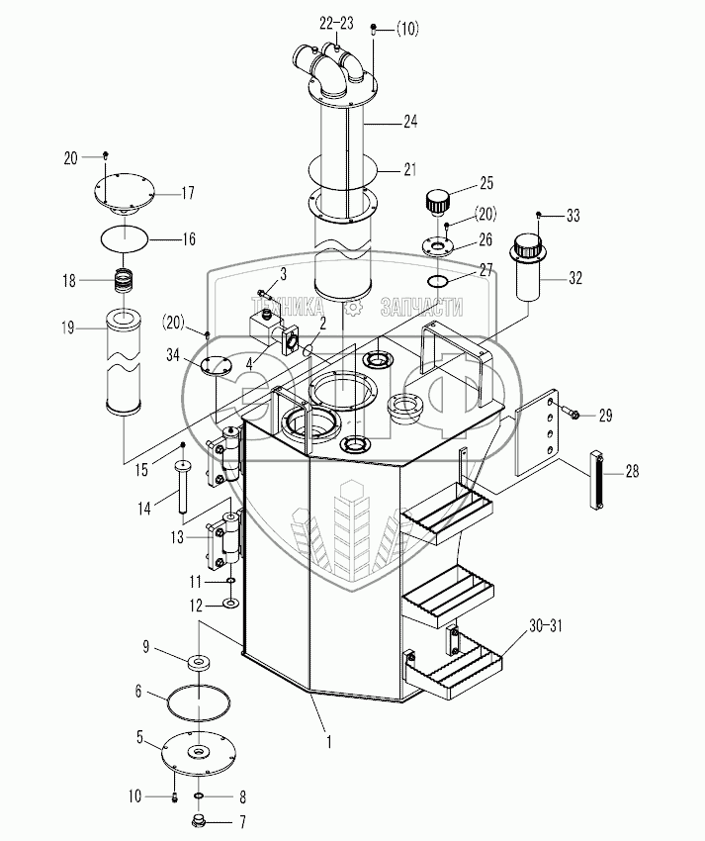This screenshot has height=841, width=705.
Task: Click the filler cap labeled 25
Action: coord(436,203)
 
